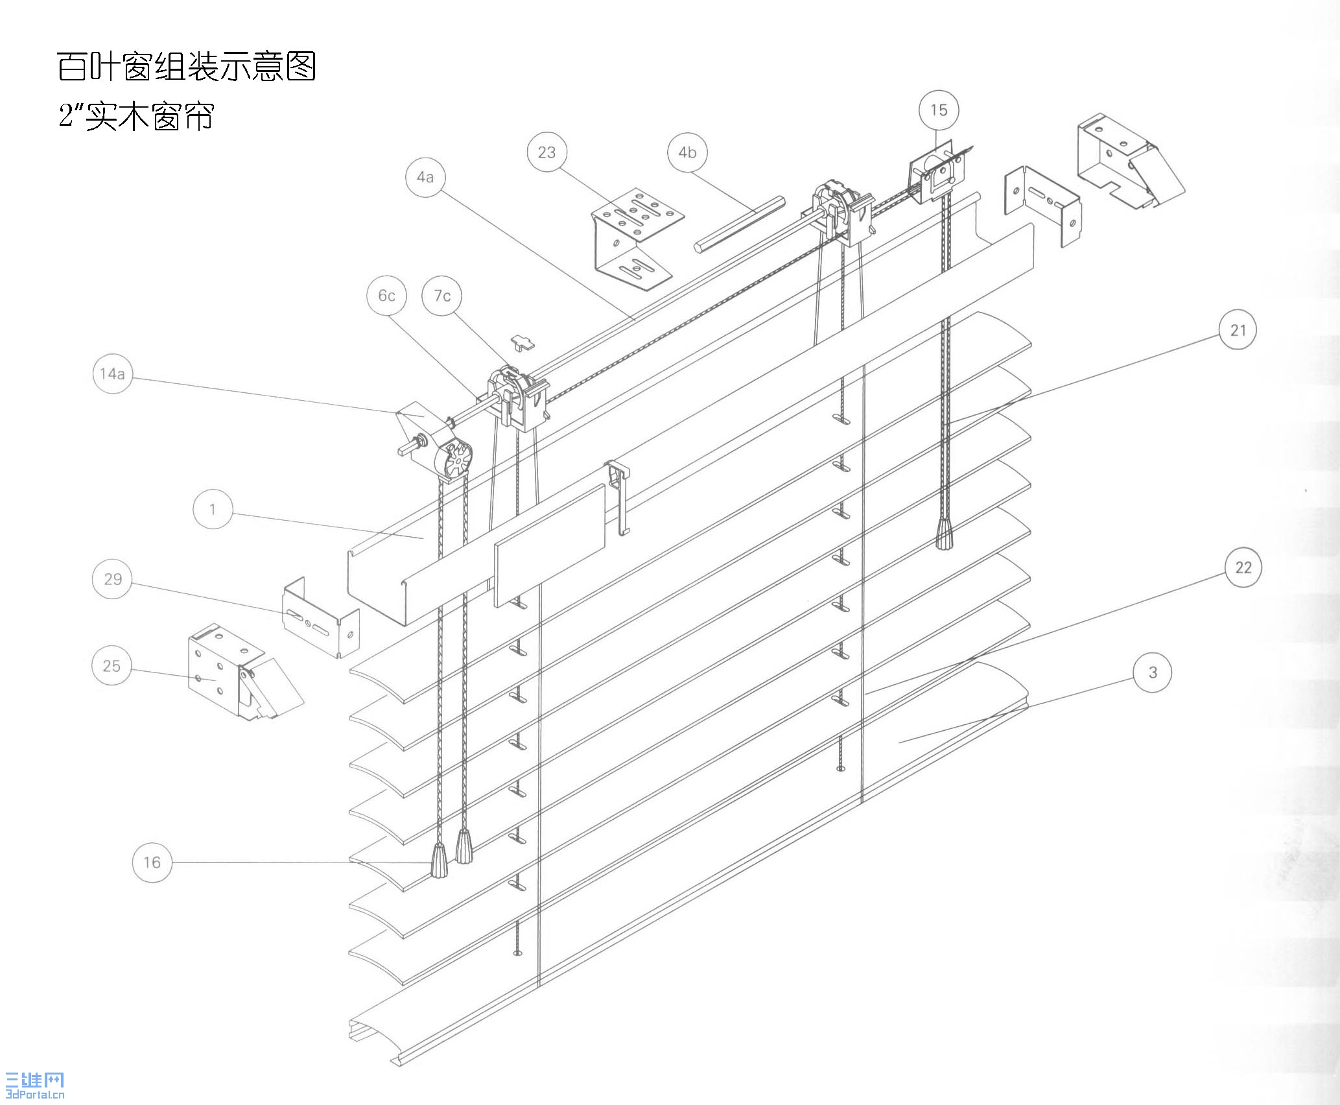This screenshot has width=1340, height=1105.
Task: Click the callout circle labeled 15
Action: pyautogui.click(x=938, y=110)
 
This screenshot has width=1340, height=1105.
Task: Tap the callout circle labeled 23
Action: pyautogui.click(x=547, y=152)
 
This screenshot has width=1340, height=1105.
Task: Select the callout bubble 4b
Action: pyautogui.click(x=687, y=152)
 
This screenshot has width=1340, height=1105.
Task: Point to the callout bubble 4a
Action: pyautogui.click(x=425, y=177)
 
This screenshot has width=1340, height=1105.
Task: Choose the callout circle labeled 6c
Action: pyautogui.click(x=386, y=296)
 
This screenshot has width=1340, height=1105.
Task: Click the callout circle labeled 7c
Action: pyautogui.click(x=442, y=296)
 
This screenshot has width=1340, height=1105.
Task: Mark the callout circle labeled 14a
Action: pyautogui.click(x=112, y=374)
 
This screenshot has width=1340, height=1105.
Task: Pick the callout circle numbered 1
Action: pyautogui.click(x=213, y=509)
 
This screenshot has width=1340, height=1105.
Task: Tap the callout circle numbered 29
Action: pyautogui.click(x=112, y=579)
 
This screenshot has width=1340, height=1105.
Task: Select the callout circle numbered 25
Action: pyautogui.click(x=112, y=666)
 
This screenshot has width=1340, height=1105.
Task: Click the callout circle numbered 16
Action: pyautogui.click(x=152, y=862)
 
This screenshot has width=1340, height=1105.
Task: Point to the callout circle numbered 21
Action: pyautogui.click(x=1238, y=330)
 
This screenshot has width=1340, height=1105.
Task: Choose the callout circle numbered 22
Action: pyautogui.click(x=1243, y=568)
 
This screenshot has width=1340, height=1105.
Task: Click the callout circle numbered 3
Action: pyautogui.click(x=1152, y=673)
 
